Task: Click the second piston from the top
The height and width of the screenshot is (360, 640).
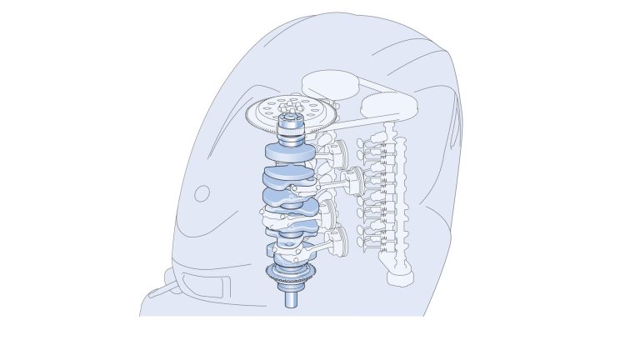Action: click(x=352, y=177)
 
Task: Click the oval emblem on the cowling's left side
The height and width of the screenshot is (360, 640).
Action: click(x=202, y=194)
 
